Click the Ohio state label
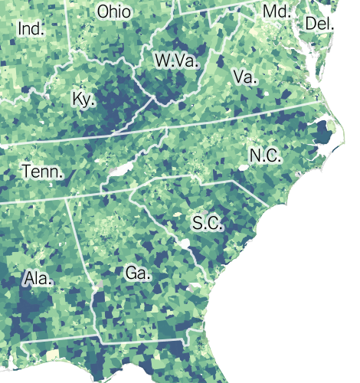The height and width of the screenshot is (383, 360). (114, 12)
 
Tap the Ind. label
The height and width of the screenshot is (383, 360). (31, 29)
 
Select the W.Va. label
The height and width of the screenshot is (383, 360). (175, 61)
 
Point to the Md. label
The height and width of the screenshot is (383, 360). (276, 11)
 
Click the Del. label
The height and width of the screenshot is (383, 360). (319, 24)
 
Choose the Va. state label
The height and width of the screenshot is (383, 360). (244, 77)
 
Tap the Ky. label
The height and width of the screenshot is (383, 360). (83, 100)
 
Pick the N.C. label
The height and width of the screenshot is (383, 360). (266, 155)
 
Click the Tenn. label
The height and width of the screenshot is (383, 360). (41, 171)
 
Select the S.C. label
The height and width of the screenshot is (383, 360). (207, 224)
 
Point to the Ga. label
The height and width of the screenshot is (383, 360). (139, 272)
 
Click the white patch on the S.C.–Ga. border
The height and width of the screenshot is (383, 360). (185, 245)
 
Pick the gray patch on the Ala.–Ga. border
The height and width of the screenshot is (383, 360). (97, 285)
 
